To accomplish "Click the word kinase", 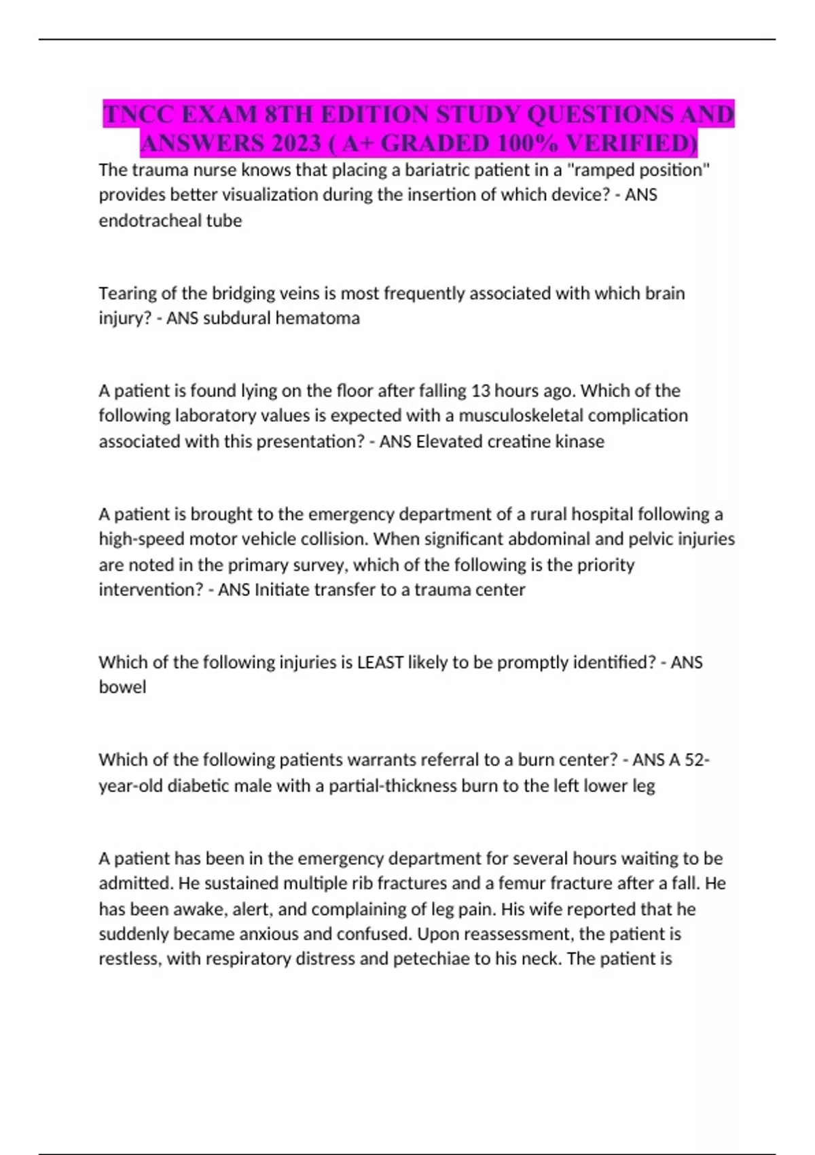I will click(x=579, y=442).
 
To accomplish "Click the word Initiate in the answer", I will click(x=279, y=590).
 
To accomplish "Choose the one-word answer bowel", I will click(x=122, y=688).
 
